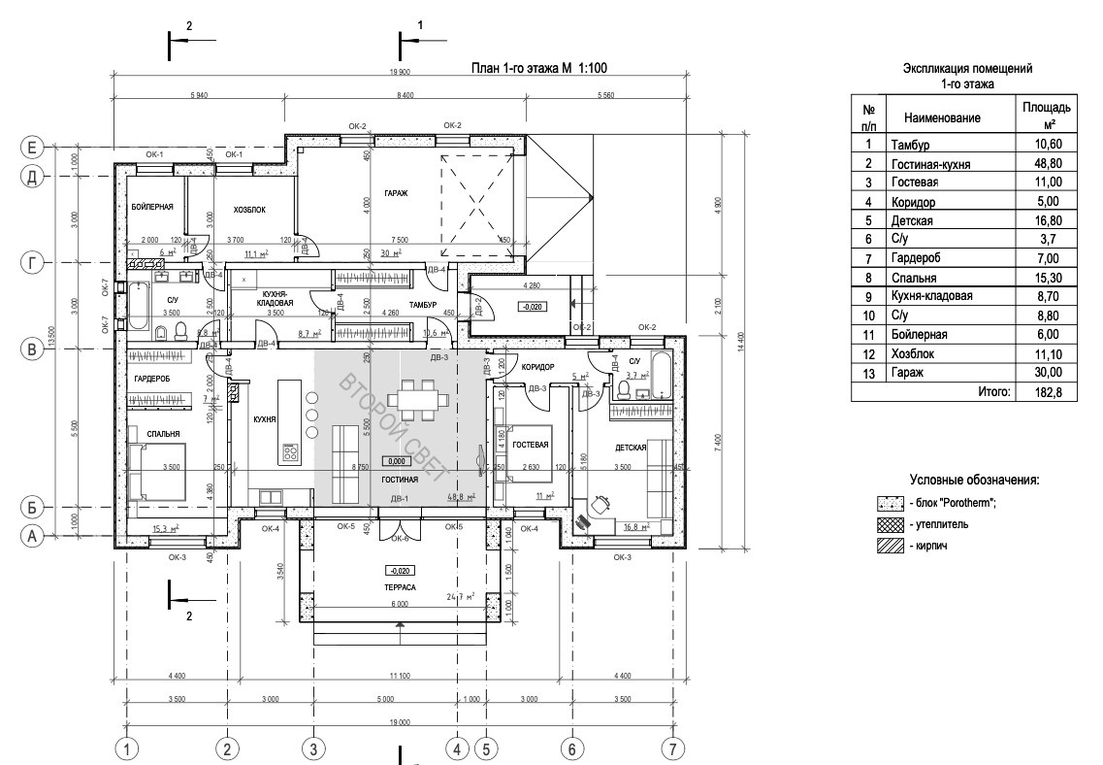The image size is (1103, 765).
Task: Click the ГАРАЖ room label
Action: [396, 192]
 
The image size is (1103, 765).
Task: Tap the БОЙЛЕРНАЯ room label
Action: [151, 208]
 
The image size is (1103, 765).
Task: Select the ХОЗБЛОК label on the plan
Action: [249, 210]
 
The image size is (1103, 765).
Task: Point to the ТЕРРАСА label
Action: [400, 588]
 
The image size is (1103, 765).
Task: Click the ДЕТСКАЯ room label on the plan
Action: [631, 448]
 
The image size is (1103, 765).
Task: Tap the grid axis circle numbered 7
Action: [672, 748]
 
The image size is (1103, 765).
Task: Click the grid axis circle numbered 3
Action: [313, 748]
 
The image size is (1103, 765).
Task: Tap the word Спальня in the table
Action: [913, 278]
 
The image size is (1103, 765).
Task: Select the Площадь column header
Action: [1047, 115]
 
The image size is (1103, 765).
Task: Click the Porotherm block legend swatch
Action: [890, 503]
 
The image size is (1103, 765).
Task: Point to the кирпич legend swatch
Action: [890, 547]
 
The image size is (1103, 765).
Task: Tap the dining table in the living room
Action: [417, 398]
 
